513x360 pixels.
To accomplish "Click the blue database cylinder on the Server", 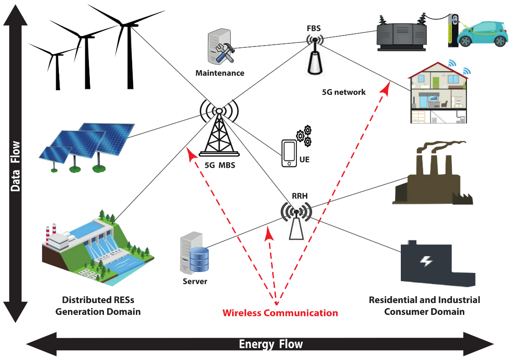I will click(x=198, y=260).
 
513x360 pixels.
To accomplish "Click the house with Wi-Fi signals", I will click(x=438, y=93).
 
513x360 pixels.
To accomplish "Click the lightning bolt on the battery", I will click(x=426, y=261).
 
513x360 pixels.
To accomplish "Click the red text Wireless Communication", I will click(x=280, y=313).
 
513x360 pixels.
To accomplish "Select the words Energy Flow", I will click(x=271, y=344).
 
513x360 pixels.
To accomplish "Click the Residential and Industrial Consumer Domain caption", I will click(x=424, y=306).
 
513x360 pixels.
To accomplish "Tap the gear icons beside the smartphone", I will click(x=304, y=136).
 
